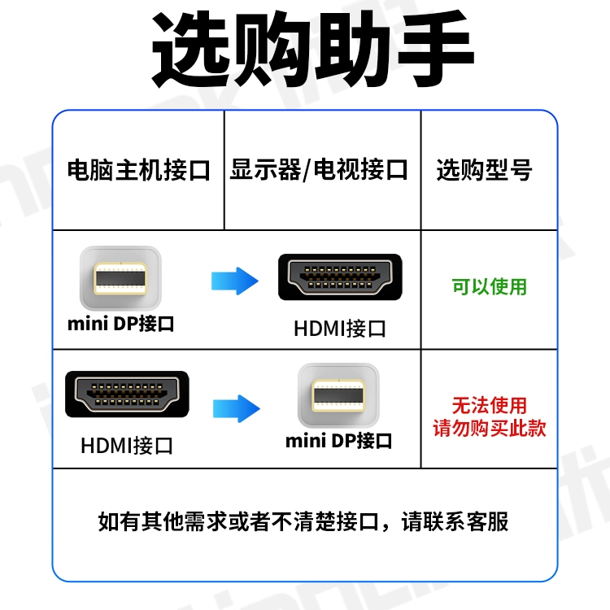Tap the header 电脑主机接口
pos(138,171)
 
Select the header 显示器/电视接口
pos(319,171)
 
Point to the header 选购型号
pos(484,171)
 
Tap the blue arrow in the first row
pos(234,281)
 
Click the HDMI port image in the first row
pos(340,278)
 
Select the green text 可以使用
pos(490,287)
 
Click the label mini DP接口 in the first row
pos(120,324)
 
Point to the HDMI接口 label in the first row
pos(340,329)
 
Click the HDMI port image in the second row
pos(127,396)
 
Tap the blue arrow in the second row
pos(236,407)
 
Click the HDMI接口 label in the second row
pos(127,446)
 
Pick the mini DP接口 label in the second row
pos(338,442)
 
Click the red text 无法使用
pos(490,405)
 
